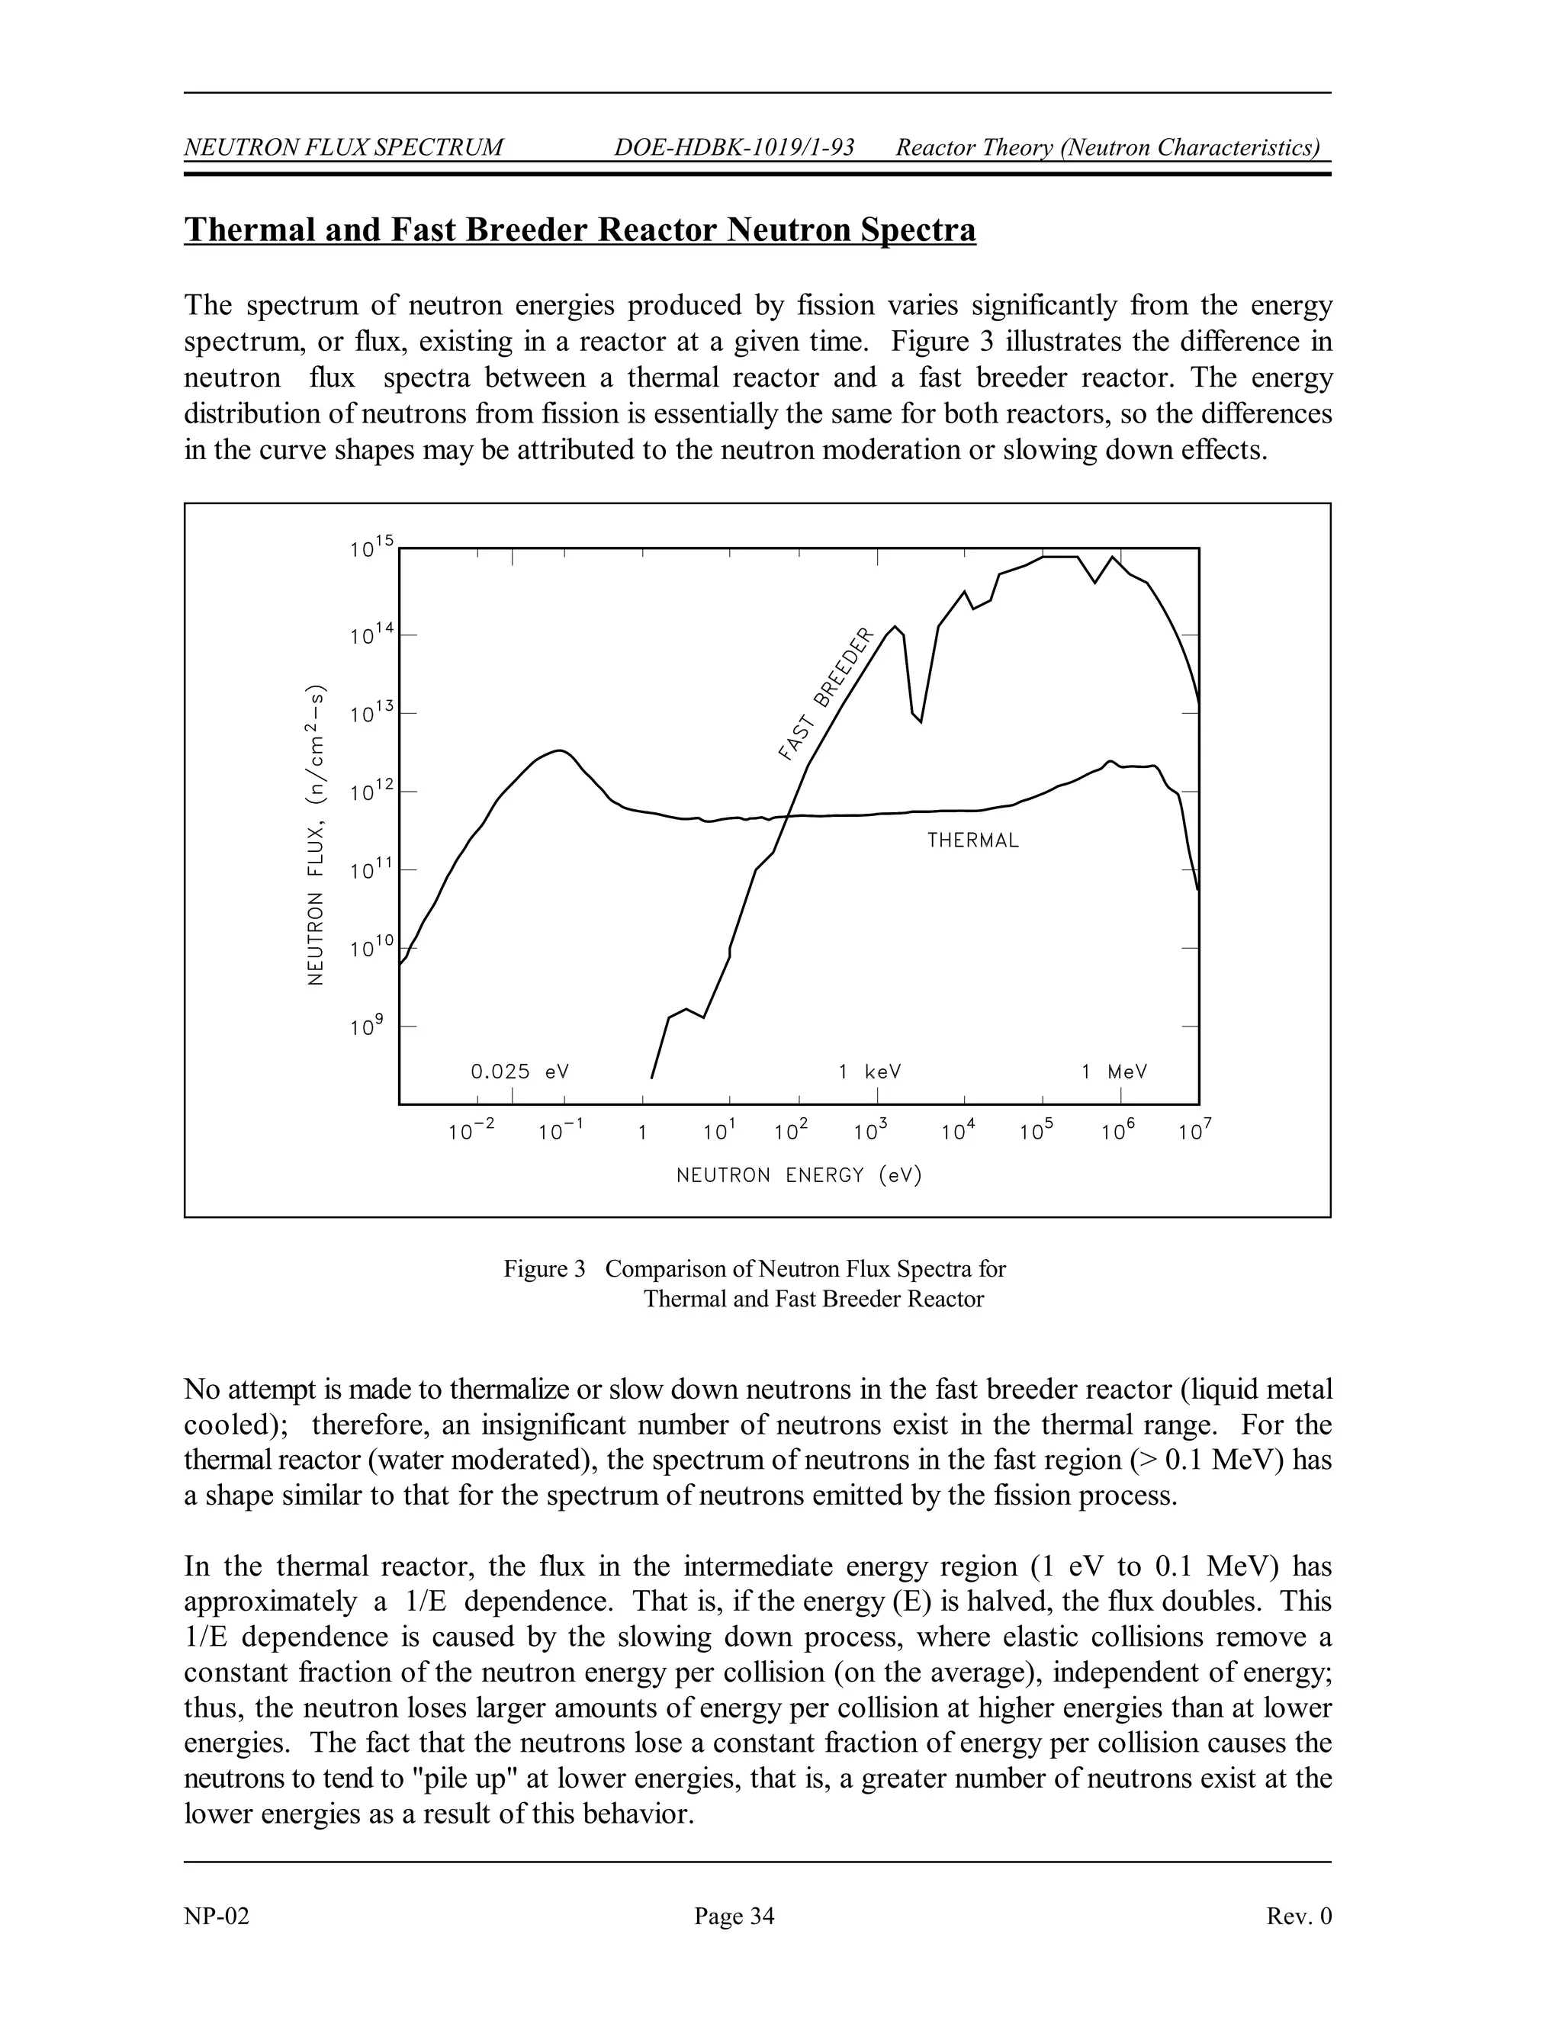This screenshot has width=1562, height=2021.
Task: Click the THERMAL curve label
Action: tap(972, 840)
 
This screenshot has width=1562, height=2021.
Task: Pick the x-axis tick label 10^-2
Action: tap(472, 1130)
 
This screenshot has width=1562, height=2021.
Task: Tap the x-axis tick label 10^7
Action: tap(1194, 1130)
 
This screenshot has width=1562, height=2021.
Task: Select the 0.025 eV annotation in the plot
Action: tap(520, 1072)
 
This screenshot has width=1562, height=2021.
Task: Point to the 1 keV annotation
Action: tap(869, 1072)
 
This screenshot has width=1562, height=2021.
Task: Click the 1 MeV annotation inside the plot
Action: tap(1114, 1072)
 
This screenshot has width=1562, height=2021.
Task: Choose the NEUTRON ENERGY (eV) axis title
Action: tap(799, 1175)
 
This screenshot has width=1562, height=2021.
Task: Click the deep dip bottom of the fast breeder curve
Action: tap(920, 721)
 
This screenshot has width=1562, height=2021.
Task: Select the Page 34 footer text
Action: tap(734, 1916)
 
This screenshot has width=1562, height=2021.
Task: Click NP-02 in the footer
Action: tap(217, 1916)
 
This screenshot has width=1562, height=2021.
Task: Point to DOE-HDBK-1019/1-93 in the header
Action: tap(734, 147)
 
